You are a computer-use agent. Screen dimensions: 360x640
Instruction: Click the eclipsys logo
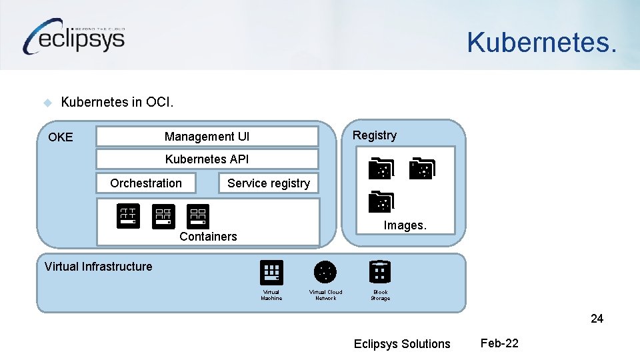pyautogui.click(x=75, y=37)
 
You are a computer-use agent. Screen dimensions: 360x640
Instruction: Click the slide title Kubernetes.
pyautogui.click(x=541, y=42)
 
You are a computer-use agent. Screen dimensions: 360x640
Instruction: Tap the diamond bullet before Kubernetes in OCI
pyautogui.click(x=47, y=103)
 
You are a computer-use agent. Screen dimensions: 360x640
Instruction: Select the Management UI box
pyautogui.click(x=207, y=137)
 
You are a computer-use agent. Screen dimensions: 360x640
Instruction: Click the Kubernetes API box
pyautogui.click(x=207, y=159)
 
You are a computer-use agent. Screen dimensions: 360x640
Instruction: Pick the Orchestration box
pyautogui.click(x=146, y=183)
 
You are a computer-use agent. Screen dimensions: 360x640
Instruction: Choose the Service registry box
pyautogui.click(x=268, y=183)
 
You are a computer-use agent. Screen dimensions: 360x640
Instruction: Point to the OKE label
pyautogui.click(x=61, y=137)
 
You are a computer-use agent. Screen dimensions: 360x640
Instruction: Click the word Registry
pyautogui.click(x=374, y=135)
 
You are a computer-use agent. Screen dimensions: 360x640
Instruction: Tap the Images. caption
pyautogui.click(x=405, y=225)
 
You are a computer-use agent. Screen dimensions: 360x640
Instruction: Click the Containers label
pyautogui.click(x=208, y=237)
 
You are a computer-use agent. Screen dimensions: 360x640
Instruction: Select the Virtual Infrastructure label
pyautogui.click(x=98, y=267)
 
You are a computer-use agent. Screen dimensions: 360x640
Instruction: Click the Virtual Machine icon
pyautogui.click(x=271, y=273)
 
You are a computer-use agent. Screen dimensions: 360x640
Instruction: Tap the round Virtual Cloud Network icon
pyautogui.click(x=325, y=272)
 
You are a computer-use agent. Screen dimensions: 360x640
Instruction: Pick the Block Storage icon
pyautogui.click(x=380, y=272)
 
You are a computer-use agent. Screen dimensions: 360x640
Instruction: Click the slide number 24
pyautogui.click(x=597, y=319)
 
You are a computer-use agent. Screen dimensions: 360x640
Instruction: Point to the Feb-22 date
pyautogui.click(x=499, y=343)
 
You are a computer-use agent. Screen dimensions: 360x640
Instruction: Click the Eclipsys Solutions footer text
pyautogui.click(x=402, y=344)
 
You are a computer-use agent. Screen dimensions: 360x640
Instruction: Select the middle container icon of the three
pyautogui.click(x=163, y=216)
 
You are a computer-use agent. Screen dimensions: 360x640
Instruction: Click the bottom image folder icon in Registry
pyautogui.click(x=382, y=202)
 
